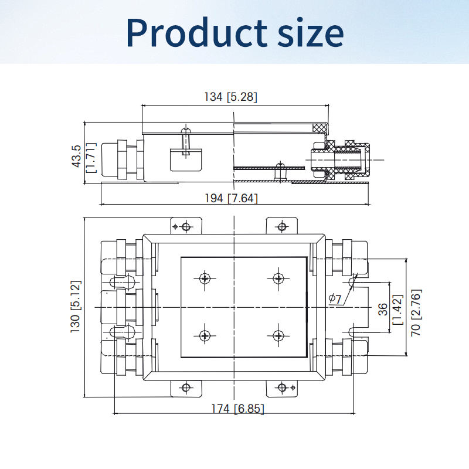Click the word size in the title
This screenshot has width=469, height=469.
pyautogui.click(x=311, y=32)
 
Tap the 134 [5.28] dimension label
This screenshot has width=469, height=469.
pyautogui.click(x=230, y=97)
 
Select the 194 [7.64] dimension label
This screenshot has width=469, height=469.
pyautogui.click(x=231, y=198)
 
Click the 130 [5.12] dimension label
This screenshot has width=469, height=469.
pyautogui.click(x=76, y=307)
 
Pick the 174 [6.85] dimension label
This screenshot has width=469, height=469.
pyautogui.click(x=238, y=409)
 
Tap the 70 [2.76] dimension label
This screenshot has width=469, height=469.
pyautogui.click(x=416, y=312)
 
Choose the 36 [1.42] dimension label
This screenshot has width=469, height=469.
pyautogui.click(x=390, y=310)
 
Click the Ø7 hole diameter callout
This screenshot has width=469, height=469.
pyautogui.click(x=335, y=298)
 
